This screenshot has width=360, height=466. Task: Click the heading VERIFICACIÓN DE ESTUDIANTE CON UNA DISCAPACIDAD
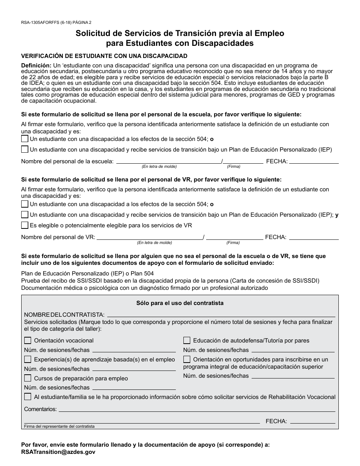(x=104, y=56)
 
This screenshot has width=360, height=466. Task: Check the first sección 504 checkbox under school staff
(x=25, y=139)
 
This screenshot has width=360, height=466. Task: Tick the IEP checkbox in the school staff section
(x=25, y=149)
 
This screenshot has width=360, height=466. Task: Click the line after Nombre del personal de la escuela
(x=169, y=161)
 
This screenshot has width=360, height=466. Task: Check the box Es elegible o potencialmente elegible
(x=25, y=225)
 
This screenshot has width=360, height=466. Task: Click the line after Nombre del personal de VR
(x=150, y=238)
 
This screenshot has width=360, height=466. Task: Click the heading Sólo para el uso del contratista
(x=180, y=303)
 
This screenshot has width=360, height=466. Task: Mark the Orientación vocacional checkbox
(x=28, y=341)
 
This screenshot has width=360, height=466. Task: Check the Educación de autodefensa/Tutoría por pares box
(x=187, y=341)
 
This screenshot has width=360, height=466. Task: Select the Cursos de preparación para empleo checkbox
(x=28, y=378)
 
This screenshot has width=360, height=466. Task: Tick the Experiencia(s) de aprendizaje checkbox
(x=28, y=359)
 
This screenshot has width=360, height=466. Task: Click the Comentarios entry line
(x=197, y=410)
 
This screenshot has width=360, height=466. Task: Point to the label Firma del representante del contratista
(x=59, y=426)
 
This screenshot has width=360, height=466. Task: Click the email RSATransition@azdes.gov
(x=58, y=452)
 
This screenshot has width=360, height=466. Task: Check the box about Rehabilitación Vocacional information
(x=28, y=397)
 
